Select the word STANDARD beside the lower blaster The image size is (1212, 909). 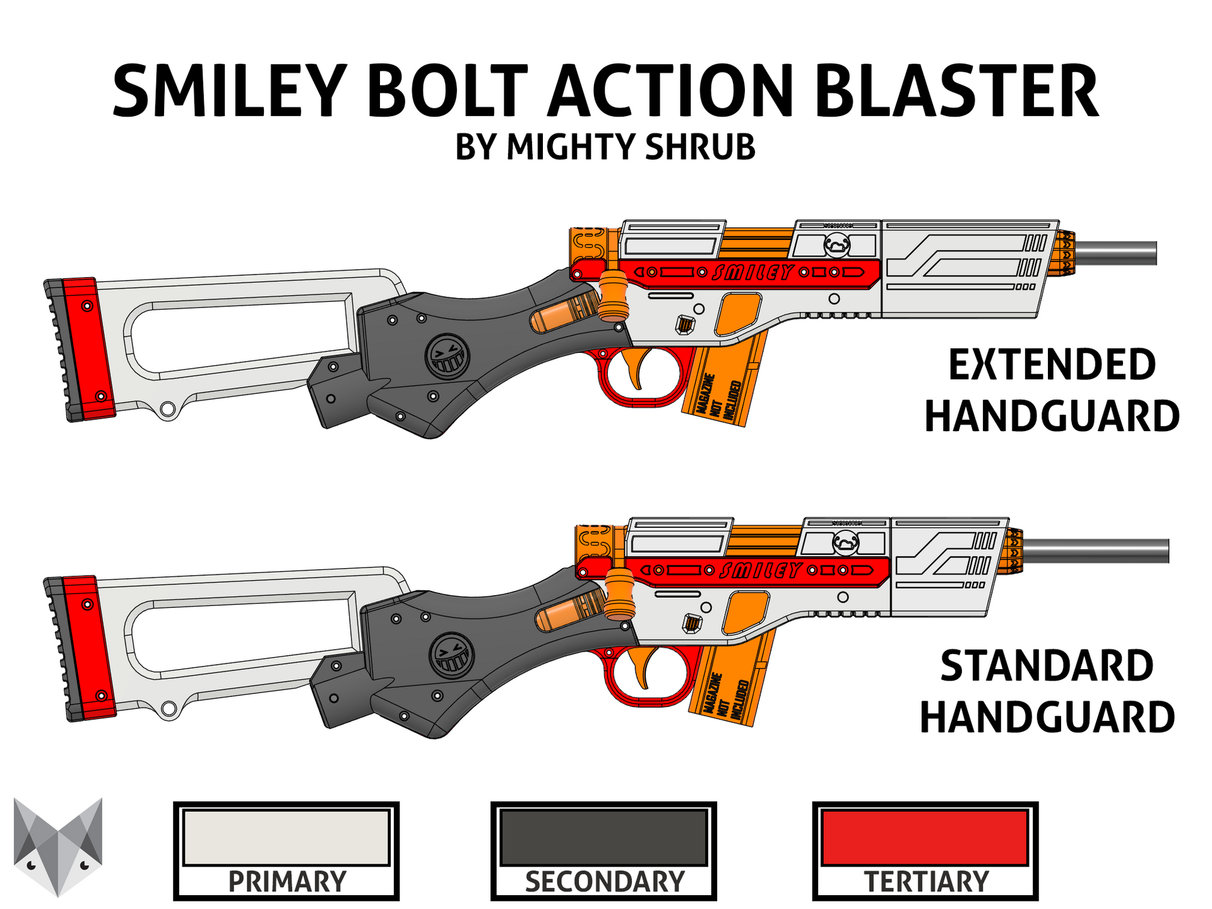1047,666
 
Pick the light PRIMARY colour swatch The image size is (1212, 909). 286,837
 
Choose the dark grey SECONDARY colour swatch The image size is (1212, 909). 603,837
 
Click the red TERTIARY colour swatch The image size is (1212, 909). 925,837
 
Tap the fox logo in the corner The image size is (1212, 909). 58,846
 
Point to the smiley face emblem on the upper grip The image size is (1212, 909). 447,356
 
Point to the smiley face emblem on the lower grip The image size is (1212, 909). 451,655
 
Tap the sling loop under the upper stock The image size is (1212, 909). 167,410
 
